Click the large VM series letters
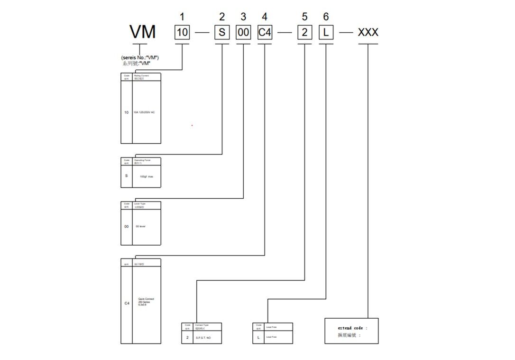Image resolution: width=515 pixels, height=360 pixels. point(142,32)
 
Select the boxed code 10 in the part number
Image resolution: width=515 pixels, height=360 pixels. point(183,33)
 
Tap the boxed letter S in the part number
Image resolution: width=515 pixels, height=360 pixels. point(222,33)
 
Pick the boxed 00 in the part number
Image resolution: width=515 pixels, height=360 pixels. point(243,33)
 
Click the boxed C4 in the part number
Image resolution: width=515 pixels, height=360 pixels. point(264,33)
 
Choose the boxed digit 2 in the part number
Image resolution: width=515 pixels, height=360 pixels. point(304,33)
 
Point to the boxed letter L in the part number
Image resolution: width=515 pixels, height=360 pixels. point(326,33)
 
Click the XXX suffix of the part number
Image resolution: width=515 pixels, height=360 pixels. point(368,32)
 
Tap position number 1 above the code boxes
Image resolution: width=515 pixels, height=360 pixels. point(183,17)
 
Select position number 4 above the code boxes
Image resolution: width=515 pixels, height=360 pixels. point(264,17)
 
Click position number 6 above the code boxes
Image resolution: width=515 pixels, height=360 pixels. point(326,17)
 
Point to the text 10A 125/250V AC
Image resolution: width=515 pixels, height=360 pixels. point(144,112)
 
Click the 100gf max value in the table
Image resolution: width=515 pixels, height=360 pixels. point(147,176)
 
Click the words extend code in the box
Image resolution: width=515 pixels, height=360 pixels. point(352,328)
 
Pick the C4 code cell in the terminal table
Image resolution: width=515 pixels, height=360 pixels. point(127,303)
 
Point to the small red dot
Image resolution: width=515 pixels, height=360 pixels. point(192,126)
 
